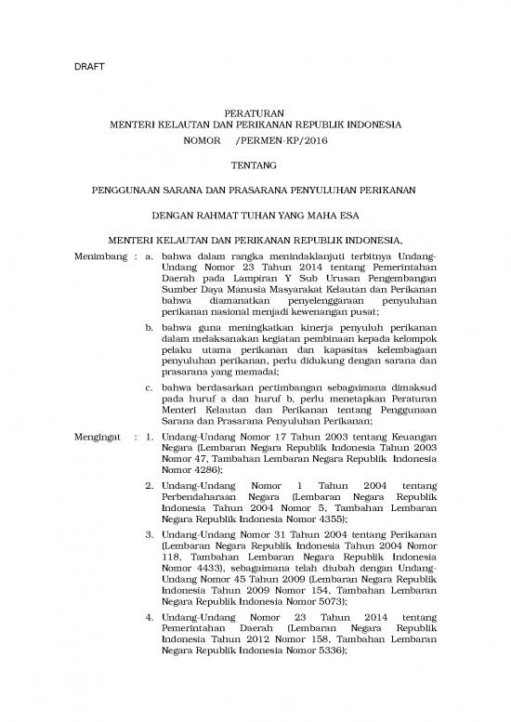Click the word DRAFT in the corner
point(89,68)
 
